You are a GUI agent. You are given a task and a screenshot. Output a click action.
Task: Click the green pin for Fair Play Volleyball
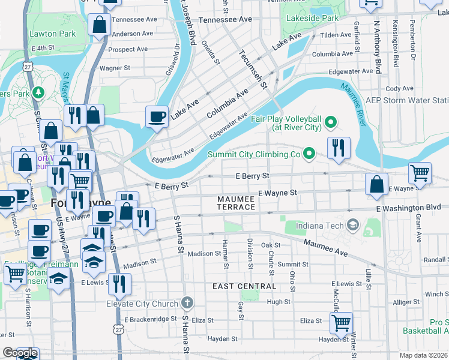point(330,124)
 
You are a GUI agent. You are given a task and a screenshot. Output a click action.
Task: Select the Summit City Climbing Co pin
point(309,154)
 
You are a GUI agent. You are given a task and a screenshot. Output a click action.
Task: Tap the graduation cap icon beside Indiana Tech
point(354,226)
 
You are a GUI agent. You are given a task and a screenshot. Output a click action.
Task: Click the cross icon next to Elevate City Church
point(187,303)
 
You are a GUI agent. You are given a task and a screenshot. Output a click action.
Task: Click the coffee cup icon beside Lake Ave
point(157,116)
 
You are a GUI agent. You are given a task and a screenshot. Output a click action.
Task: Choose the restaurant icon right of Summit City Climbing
point(339,148)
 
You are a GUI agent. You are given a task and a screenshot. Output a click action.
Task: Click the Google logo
point(20,353)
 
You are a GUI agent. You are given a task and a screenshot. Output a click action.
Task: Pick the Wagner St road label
point(111,68)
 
